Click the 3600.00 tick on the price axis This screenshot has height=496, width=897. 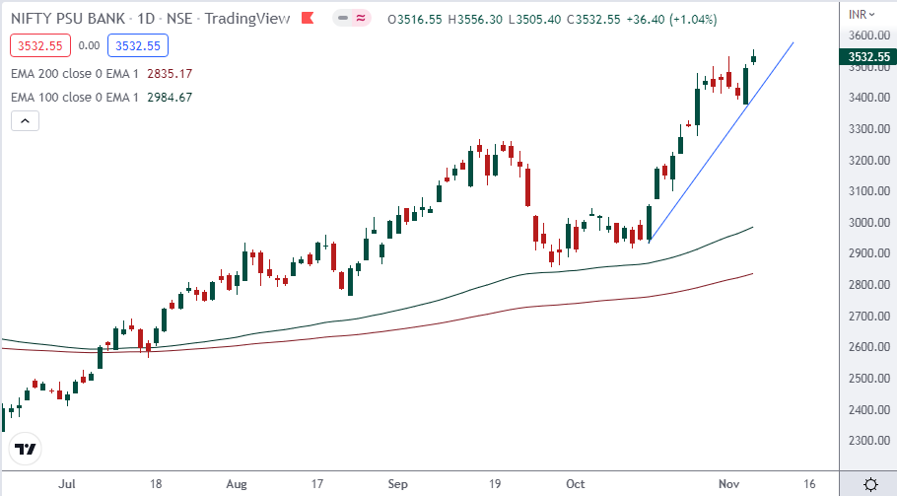point(865,36)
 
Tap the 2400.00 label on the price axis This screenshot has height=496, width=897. point(865,410)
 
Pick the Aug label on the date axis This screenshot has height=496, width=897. point(238,485)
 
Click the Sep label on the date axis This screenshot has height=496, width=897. point(398,485)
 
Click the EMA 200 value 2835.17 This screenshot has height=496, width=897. point(169,73)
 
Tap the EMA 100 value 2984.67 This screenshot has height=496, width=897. point(169,97)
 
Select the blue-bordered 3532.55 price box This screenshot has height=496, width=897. point(139,44)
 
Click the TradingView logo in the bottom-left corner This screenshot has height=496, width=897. point(27,450)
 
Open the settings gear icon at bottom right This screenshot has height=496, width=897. point(871,484)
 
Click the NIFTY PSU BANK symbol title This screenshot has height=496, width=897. point(68,19)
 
